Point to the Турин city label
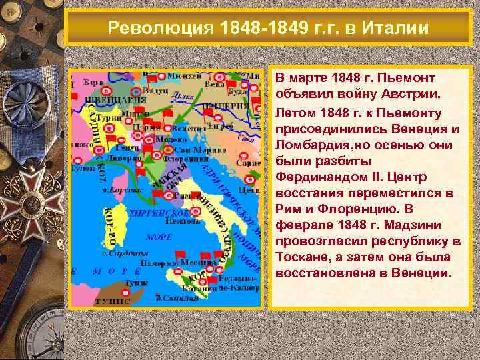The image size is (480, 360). [109, 117]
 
